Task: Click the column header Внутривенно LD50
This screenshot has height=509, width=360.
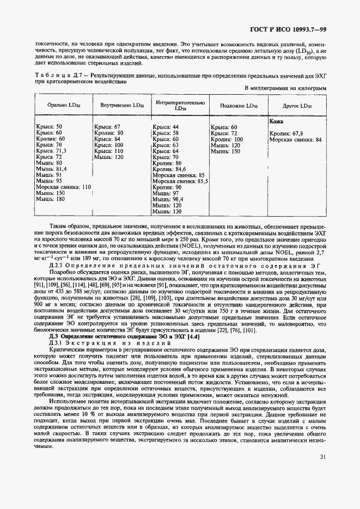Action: tap(119, 106)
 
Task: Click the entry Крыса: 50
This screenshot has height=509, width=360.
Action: tap(48, 126)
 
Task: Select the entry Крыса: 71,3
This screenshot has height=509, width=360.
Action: tap(51, 151)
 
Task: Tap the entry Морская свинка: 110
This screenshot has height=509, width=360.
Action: tap(63, 187)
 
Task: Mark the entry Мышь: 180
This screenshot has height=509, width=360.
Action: tap(49, 199)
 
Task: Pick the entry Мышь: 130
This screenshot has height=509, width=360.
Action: tap(167, 212)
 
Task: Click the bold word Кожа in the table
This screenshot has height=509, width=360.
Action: tap(276, 122)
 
